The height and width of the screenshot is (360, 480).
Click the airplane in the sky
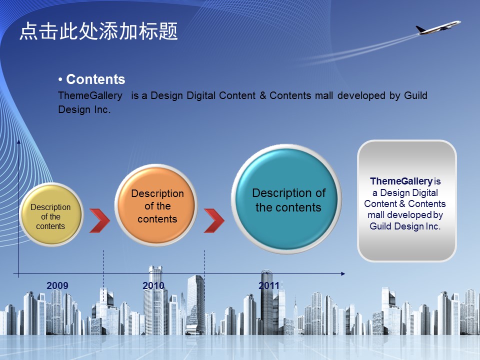click(438, 27)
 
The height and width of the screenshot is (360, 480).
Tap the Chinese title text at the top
click(98, 31)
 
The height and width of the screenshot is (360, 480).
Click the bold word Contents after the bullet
click(95, 79)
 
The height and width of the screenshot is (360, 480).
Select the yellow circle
click(51, 214)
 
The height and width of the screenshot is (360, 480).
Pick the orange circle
click(156, 205)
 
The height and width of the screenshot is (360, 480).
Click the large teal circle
click(286, 199)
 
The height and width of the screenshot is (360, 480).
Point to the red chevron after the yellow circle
click(99, 220)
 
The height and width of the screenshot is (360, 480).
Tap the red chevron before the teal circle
click(214, 220)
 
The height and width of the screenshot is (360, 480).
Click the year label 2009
click(57, 285)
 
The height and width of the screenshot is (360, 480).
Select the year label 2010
click(153, 285)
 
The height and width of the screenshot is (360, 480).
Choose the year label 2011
click(269, 285)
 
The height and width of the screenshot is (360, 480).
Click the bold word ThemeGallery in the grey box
click(401, 181)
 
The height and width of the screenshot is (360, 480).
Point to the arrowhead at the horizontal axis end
click(343, 273)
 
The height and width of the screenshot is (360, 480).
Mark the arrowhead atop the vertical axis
click(18, 141)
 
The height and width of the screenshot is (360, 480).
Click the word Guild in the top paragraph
click(415, 95)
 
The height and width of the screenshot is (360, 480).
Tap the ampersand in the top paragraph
click(262, 95)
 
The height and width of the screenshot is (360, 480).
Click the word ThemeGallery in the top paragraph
click(90, 96)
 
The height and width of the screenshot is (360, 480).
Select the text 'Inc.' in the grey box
click(432, 226)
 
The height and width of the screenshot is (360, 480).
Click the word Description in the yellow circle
click(50, 207)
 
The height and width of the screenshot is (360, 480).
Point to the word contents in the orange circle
click(157, 219)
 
